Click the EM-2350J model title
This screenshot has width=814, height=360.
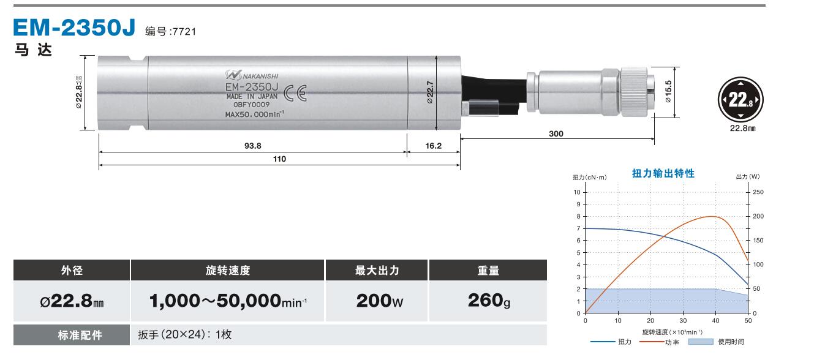tap(74, 28)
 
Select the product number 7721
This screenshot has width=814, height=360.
tap(184, 32)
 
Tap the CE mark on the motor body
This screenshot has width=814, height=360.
tap(295, 93)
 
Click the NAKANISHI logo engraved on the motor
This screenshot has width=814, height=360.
tap(252, 75)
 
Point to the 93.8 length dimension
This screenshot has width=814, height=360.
tap(252, 146)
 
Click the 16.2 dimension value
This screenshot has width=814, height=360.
tap(433, 146)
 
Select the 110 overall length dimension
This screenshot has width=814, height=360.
tap(279, 159)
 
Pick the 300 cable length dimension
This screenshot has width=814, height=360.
tap(556, 133)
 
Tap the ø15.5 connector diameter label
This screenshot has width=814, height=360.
tap(668, 91)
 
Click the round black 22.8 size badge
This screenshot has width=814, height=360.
tap(741, 100)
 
